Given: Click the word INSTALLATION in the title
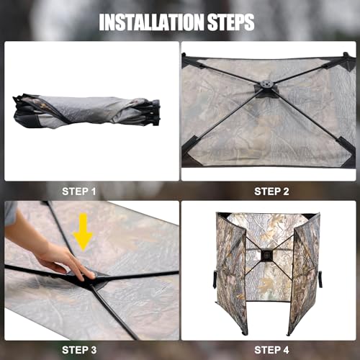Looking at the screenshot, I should [x=150, y=22].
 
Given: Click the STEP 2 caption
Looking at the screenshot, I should [x=271, y=191].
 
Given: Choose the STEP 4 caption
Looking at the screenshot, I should [x=271, y=350].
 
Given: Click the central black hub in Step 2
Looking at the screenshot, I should [x=267, y=90].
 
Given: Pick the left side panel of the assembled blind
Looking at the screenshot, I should [x=231, y=274].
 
